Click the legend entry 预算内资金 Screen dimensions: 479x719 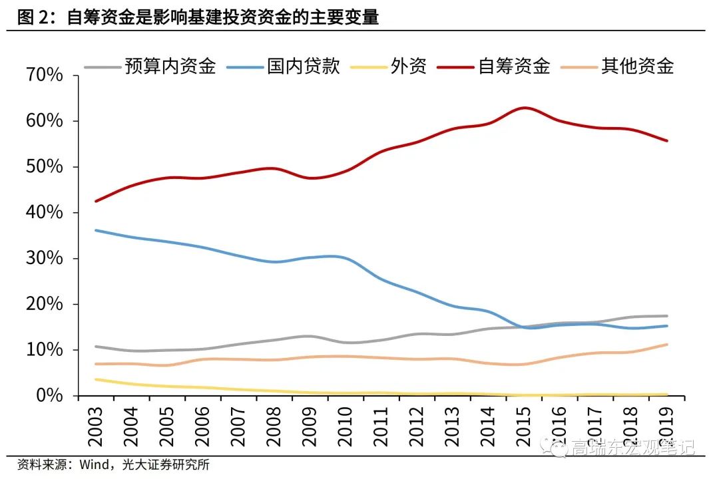(x=170, y=67)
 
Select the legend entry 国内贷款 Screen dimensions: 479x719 (x=304, y=67)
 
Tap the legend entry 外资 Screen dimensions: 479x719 (x=408, y=67)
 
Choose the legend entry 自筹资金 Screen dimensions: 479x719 (x=514, y=67)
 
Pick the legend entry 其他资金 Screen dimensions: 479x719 (x=637, y=67)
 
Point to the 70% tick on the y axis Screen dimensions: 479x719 (x=44, y=75)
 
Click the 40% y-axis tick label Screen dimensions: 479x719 (x=44, y=213)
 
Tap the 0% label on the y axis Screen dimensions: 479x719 (x=49, y=396)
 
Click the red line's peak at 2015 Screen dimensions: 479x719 (x=525, y=108)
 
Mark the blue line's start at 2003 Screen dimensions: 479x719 (x=97, y=230)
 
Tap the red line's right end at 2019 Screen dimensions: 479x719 (x=667, y=140)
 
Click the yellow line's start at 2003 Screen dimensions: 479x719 (x=97, y=379)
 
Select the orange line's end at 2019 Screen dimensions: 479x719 (x=667, y=345)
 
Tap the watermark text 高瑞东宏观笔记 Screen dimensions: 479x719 (x=632, y=447)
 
